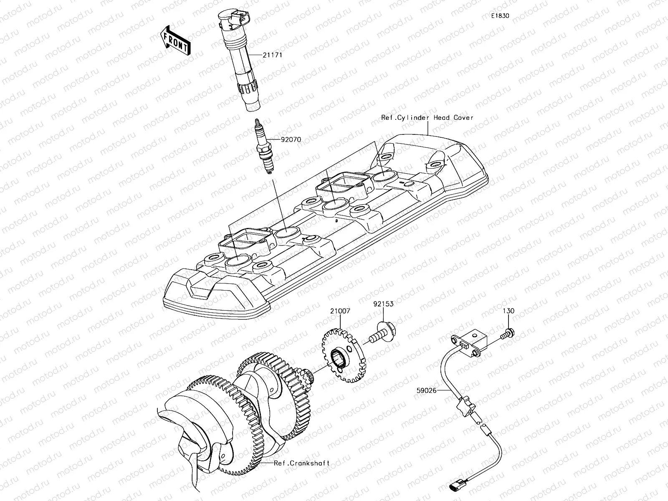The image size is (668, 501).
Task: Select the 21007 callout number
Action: pyautogui.click(x=340, y=311)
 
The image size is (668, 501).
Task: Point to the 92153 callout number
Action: pyautogui.click(x=383, y=304)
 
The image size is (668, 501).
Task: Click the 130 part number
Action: pyautogui.click(x=509, y=311)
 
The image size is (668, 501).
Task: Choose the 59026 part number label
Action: pyautogui.click(x=426, y=391)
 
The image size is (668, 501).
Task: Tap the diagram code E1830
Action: pyautogui.click(x=500, y=16)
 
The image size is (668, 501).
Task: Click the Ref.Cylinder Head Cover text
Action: pyautogui.click(x=427, y=118)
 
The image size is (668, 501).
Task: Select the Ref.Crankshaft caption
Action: pyautogui.click(x=302, y=463)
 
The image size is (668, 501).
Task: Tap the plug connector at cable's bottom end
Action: pyautogui.click(x=455, y=486)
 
